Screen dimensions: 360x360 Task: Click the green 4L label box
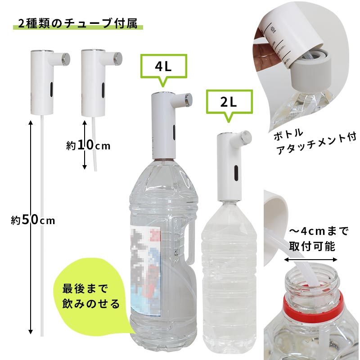[x=163, y=67]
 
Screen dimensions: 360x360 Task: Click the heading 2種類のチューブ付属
[x=78, y=24]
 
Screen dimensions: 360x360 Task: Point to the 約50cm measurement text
[x=33, y=220]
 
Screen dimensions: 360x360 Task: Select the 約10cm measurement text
[x=88, y=145]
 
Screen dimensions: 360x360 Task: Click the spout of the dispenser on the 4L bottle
[x=188, y=97]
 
